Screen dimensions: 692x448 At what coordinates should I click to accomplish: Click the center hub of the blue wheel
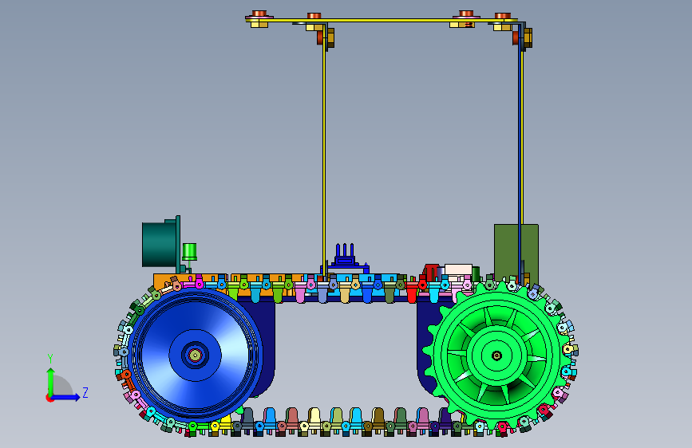tap(195, 355)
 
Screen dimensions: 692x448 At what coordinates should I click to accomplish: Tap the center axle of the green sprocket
tap(496, 356)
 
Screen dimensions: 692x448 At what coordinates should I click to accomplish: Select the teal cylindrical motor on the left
tap(160, 244)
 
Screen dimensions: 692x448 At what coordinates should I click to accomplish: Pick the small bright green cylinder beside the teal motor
tap(189, 252)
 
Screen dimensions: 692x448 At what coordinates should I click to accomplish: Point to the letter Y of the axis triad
tap(49, 359)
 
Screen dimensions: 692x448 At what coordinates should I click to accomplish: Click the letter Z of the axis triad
tap(85, 392)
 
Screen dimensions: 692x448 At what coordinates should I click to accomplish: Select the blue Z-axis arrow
tap(65, 397)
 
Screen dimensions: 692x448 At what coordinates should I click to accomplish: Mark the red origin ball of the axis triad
tap(49, 398)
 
